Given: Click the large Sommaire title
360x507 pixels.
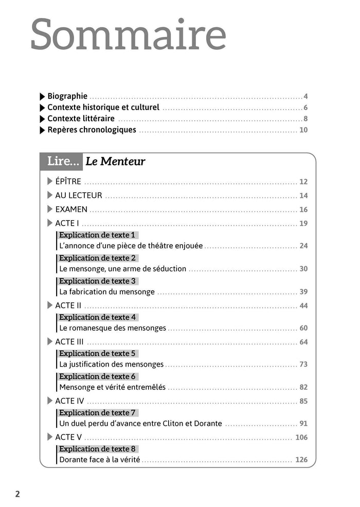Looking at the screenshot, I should [x=128, y=35].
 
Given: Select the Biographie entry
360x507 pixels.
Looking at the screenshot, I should [x=67, y=96].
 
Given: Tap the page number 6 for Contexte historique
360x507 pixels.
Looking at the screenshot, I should [x=305, y=107].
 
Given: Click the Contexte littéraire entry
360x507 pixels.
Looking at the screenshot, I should [x=81, y=119].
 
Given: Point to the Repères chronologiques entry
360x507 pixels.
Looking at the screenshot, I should [x=92, y=130].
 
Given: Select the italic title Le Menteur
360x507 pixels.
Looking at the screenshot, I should [x=115, y=161].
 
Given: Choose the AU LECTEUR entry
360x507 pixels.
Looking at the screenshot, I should [x=78, y=195].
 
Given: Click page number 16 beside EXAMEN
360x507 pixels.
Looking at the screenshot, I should [x=303, y=209].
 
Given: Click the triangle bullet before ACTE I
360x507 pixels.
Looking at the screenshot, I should [x=50, y=223].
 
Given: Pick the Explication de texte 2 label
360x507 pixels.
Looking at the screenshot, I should [x=97, y=258].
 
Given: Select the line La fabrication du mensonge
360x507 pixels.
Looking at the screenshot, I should [x=107, y=292].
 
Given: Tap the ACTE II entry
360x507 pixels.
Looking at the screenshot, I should [x=68, y=305].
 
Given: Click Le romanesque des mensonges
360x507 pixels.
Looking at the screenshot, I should [x=113, y=328].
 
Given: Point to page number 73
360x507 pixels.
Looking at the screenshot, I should [x=303, y=364].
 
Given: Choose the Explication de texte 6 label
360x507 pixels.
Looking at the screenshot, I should [x=97, y=376].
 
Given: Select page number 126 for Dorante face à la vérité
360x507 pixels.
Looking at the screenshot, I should [x=301, y=460].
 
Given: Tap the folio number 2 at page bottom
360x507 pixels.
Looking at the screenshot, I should [x=17, y=494].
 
